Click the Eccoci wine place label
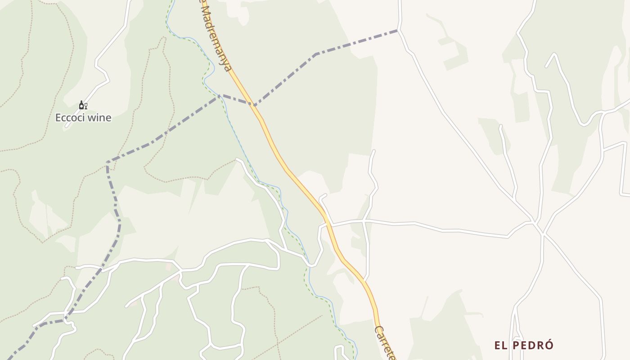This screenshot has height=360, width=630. tap(83, 118)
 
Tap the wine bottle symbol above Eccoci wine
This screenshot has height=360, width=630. tap(81, 105)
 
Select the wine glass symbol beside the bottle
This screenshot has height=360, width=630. tap(85, 106)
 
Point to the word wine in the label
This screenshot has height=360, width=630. tap(100, 118)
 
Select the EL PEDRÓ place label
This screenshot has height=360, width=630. tap(524, 346)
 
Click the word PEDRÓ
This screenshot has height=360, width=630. tap(533, 346)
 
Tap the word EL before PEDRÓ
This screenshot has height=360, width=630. tap(501, 346)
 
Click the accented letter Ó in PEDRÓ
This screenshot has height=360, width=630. tap(549, 345)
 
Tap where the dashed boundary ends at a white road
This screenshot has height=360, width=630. tap(399, 30)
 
